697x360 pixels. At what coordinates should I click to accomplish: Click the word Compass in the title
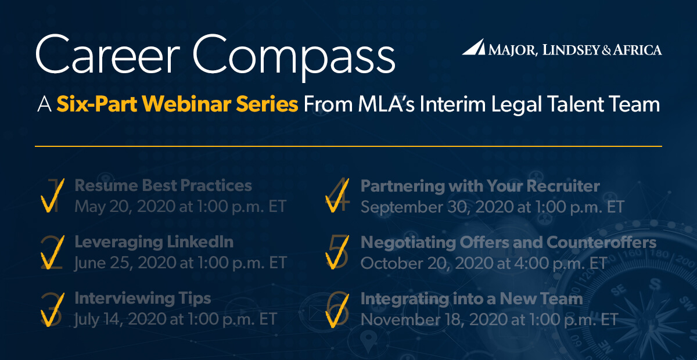coord(294,58)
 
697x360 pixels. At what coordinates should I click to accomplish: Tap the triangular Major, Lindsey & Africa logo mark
coord(473,47)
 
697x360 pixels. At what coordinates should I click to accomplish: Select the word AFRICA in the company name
coord(637,50)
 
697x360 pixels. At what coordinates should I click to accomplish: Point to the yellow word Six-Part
coord(97,104)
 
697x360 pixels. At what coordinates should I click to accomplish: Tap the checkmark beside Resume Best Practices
coord(52,196)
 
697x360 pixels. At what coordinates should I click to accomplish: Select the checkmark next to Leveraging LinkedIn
coord(52,253)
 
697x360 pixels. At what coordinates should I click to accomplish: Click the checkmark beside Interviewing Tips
coord(52,309)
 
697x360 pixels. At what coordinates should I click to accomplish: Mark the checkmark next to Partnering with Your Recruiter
coord(337,196)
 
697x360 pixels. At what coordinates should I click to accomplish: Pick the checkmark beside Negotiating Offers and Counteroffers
coord(337,253)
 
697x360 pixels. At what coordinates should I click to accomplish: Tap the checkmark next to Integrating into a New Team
coord(337,311)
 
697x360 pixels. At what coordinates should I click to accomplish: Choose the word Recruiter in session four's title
coord(563,186)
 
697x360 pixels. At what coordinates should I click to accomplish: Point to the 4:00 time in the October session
coord(531,263)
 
